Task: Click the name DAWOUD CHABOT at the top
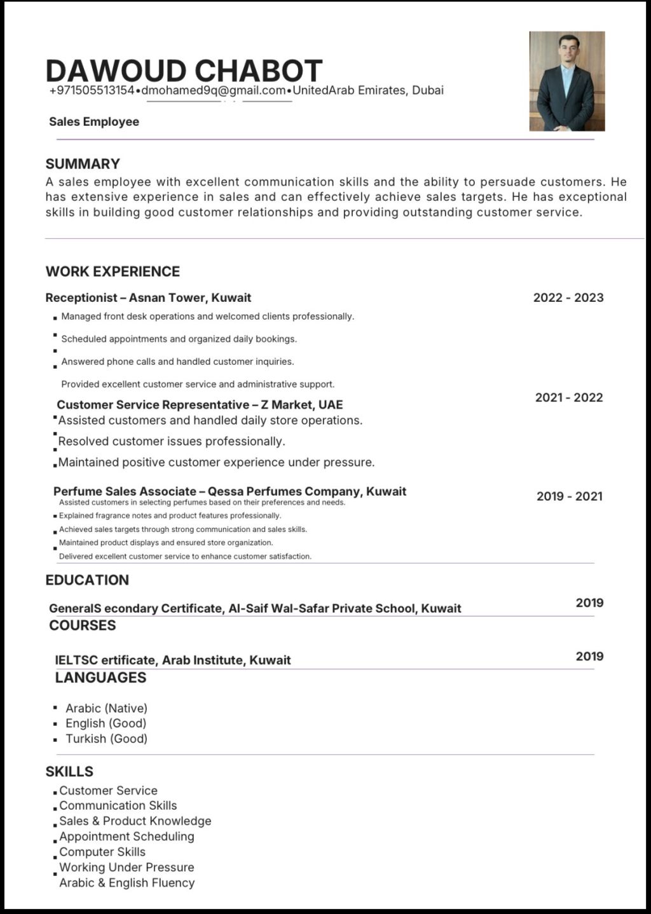(x=184, y=70)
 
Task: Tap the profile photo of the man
(x=566, y=81)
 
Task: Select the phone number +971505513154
(x=92, y=91)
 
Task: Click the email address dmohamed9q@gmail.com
(x=214, y=91)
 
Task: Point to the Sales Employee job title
(x=94, y=122)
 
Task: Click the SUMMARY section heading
(x=83, y=164)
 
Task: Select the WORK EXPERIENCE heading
(x=113, y=271)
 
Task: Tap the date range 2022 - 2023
(x=568, y=297)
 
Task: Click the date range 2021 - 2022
(x=568, y=398)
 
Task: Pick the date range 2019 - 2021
(x=569, y=496)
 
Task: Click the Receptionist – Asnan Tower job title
(x=148, y=297)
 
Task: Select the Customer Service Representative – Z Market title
(x=200, y=405)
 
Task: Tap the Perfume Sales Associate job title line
(x=230, y=491)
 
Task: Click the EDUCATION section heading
(x=87, y=580)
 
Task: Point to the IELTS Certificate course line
(x=173, y=660)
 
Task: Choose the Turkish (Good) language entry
(x=106, y=739)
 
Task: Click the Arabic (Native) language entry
(x=106, y=708)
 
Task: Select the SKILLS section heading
(x=69, y=772)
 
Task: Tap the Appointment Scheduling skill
(x=127, y=836)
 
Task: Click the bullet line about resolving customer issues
(x=172, y=441)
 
